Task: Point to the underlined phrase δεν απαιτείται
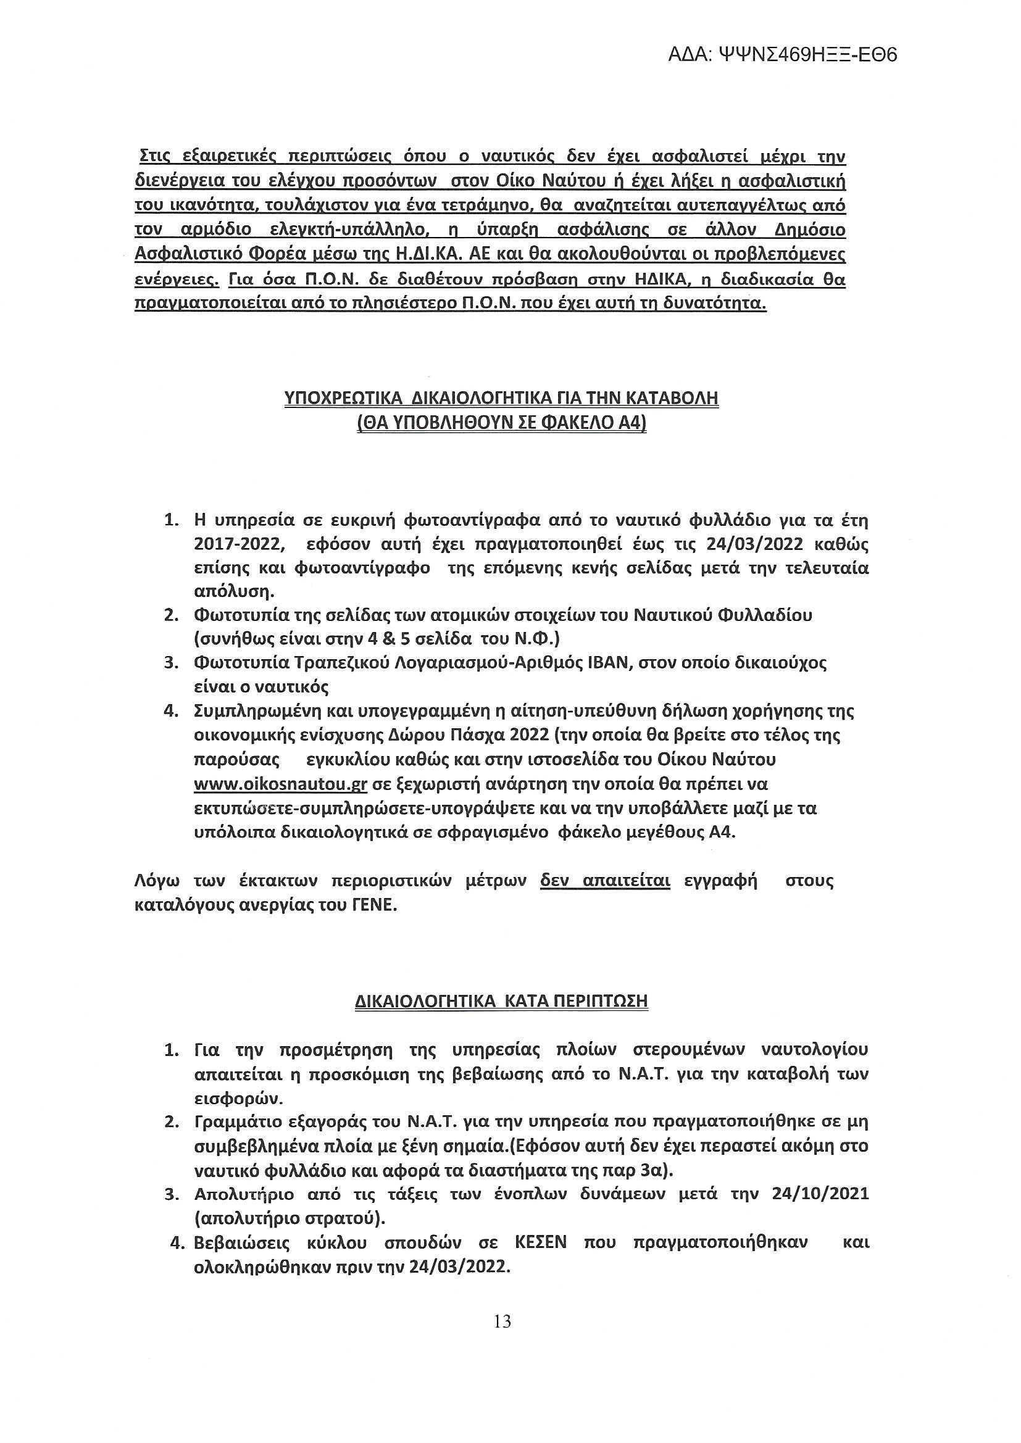click(605, 882)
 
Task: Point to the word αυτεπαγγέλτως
click(729, 206)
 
